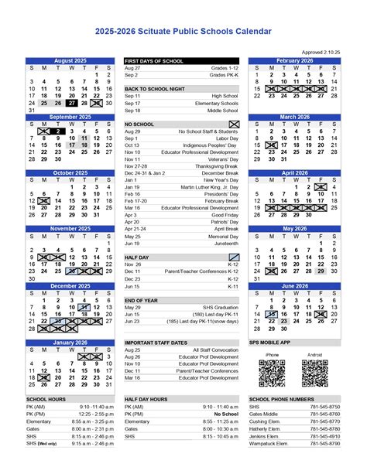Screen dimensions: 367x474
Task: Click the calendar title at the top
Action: tap(183, 32)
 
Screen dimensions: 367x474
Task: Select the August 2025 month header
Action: tap(70, 60)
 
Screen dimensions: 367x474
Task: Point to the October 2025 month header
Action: tap(70, 173)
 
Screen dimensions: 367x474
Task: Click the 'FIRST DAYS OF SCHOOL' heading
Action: tap(154, 60)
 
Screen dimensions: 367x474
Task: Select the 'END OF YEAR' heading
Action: tap(142, 299)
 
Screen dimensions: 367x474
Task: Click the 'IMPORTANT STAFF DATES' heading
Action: tap(157, 342)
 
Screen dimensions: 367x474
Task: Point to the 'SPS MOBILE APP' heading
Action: tap(269, 342)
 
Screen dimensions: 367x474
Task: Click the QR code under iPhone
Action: tap(271, 373)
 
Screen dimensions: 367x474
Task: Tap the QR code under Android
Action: tap(314, 373)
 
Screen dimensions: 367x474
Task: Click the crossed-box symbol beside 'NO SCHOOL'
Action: tap(234, 124)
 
